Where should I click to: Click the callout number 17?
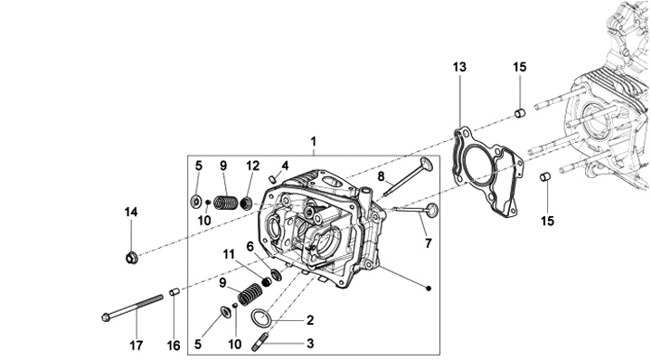[137, 345]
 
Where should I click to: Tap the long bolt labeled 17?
[132, 308]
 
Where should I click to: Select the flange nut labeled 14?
[132, 258]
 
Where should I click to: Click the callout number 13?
[459, 67]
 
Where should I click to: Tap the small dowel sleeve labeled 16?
[174, 292]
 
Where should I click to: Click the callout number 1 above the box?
[314, 142]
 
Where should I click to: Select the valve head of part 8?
[426, 164]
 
